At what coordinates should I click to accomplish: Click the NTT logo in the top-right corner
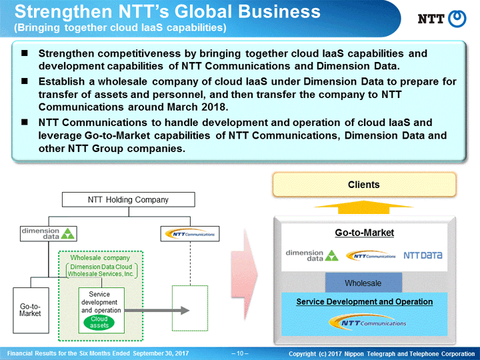(x=442, y=19)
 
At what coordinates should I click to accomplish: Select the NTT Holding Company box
(x=129, y=199)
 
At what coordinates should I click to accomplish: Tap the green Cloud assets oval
(x=99, y=322)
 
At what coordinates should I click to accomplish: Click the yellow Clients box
(x=364, y=185)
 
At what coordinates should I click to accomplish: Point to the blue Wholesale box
(x=363, y=283)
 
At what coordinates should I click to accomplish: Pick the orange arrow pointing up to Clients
(x=364, y=207)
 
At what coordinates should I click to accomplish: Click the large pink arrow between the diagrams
(x=244, y=274)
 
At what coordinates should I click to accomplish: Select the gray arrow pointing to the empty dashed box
(x=157, y=311)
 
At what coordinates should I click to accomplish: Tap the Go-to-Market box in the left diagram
(x=31, y=310)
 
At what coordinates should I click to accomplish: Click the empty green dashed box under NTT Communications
(x=190, y=308)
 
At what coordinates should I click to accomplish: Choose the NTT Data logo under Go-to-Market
(x=423, y=255)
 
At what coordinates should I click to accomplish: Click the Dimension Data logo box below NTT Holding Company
(x=49, y=233)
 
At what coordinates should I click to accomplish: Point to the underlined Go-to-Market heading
(x=364, y=233)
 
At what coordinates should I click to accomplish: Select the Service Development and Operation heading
(x=364, y=302)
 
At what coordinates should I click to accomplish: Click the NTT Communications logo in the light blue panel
(x=367, y=322)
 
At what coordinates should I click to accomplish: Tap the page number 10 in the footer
(x=240, y=353)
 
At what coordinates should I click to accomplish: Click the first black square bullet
(x=25, y=53)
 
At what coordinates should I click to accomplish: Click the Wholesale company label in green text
(x=100, y=258)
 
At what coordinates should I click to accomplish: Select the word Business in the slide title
(x=279, y=11)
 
